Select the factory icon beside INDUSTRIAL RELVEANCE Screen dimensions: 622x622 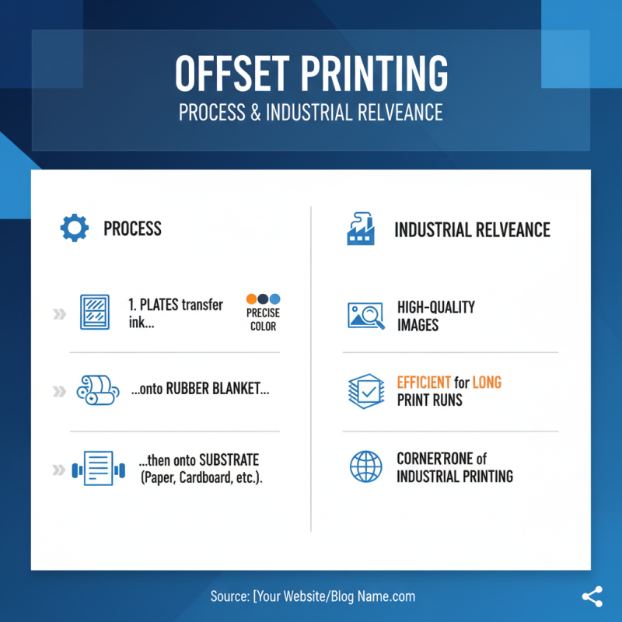[x=361, y=229]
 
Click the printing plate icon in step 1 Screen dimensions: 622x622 [x=95, y=312]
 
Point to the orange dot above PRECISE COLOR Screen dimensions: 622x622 [x=251, y=299]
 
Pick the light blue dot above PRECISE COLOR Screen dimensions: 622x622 [x=274, y=299]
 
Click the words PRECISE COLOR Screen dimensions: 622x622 [x=264, y=320]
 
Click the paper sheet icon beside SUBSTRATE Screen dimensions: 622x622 [x=97, y=469]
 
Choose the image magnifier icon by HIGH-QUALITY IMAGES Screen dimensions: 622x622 [x=365, y=315]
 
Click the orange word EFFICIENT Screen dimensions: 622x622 [x=424, y=383]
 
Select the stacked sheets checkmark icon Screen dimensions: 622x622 [x=365, y=391]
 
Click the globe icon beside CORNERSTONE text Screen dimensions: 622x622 [x=365, y=466]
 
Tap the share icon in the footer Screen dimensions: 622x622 [x=592, y=597]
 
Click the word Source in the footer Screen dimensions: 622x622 [x=229, y=597]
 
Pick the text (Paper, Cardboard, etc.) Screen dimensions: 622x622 [x=201, y=478]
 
